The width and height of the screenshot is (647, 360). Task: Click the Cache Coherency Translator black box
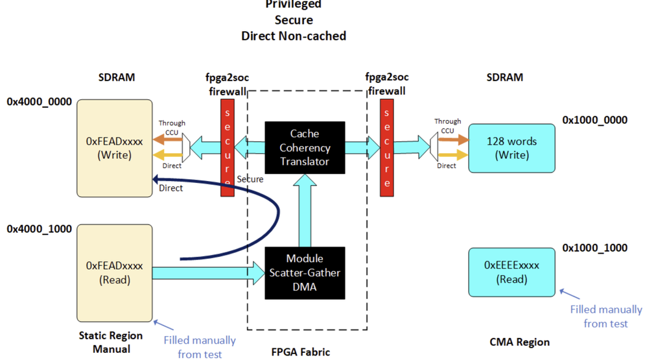[305, 147]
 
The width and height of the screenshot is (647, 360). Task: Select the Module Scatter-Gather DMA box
[305, 272]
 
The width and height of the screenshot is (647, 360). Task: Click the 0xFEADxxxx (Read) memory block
[114, 272]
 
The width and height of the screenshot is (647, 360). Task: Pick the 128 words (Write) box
[512, 148]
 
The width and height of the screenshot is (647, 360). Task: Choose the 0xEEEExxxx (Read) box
[512, 272]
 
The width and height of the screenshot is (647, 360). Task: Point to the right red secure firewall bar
[387, 147]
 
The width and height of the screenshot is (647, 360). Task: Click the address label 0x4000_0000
[39, 102]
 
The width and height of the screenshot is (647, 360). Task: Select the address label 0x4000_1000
[39, 229]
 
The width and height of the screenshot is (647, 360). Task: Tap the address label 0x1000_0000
[594, 120]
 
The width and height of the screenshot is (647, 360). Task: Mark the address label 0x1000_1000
[594, 248]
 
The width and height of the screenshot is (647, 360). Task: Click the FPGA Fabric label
[300, 352]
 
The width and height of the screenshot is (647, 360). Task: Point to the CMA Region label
[519, 342]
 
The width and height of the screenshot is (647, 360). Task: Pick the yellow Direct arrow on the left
[167, 156]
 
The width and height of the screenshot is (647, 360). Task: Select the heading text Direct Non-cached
[294, 36]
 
